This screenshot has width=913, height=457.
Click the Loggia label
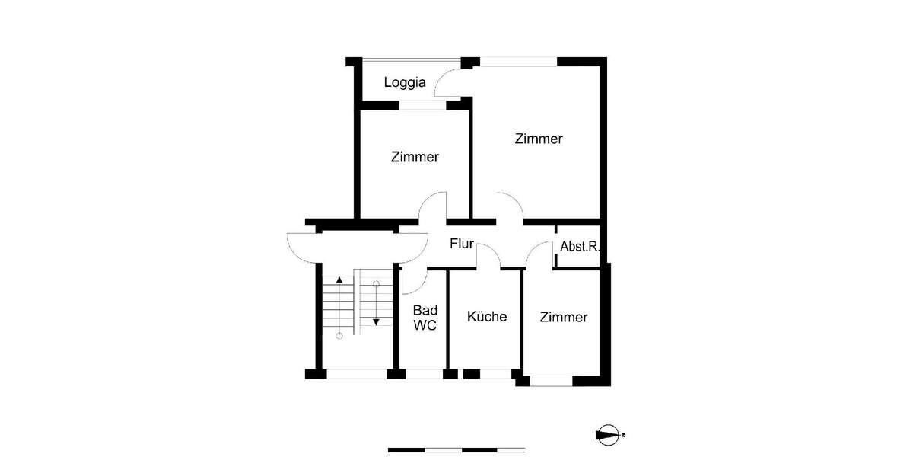pos(404,82)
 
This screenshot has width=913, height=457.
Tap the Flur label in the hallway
pos(462,244)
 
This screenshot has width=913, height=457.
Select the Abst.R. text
pos(580,247)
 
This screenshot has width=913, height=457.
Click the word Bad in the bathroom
pos(425,310)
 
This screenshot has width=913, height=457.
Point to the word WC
pos(425,325)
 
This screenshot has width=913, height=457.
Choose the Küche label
pos(487,317)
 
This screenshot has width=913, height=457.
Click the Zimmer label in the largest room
pos(538,139)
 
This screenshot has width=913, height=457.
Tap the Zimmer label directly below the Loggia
pos(415,158)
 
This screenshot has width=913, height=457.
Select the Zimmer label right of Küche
pos(564,317)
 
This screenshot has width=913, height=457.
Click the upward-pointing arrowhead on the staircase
pos(339,280)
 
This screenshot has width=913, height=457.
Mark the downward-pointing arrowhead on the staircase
pos(376,322)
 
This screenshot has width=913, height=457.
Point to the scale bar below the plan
pos(456,449)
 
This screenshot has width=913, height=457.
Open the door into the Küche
pos(488,257)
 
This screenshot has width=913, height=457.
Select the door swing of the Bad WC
pos(411,283)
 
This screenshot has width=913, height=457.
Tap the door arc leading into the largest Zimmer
pos(510,207)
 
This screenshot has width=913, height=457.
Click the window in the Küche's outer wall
pos(496,373)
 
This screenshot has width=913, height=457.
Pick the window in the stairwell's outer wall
pos(356,373)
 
